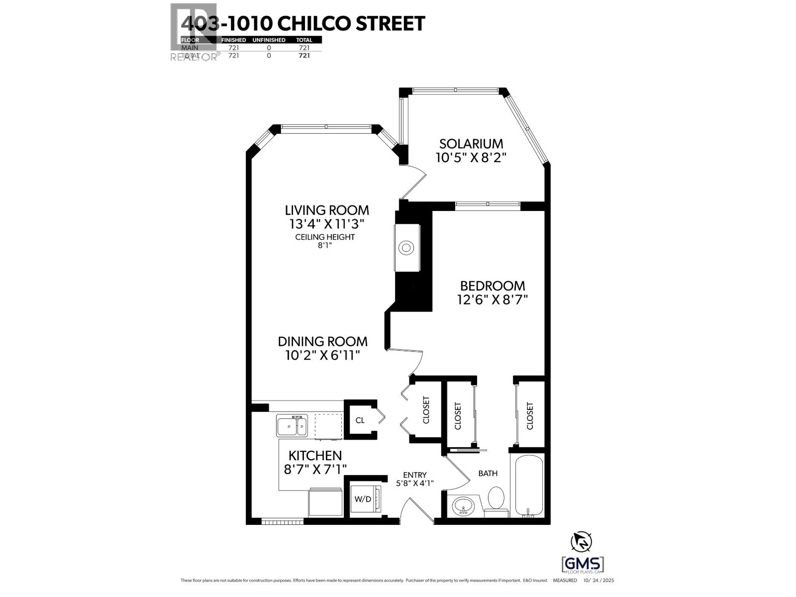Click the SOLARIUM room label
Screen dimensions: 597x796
coord(471,144)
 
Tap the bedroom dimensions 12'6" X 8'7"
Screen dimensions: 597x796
coord(492,299)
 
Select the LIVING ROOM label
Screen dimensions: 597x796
coord(327,210)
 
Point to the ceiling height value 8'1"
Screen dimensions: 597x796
coord(325,245)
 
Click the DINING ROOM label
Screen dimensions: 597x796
coord(322,341)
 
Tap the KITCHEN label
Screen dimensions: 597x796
coord(315,455)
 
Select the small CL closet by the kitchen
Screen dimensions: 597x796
coord(360,420)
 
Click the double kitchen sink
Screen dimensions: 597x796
coord(292,426)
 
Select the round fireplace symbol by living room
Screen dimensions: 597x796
coord(406,248)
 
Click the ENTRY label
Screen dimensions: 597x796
coord(414,475)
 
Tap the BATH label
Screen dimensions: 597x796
coord(488,473)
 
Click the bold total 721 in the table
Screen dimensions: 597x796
coord(303,55)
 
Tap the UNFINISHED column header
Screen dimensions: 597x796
coord(269,40)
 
